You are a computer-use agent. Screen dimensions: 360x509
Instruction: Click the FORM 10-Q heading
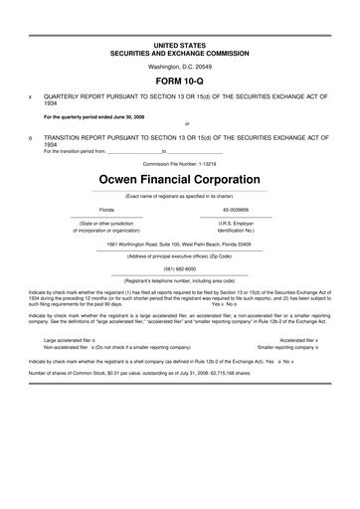[180, 78]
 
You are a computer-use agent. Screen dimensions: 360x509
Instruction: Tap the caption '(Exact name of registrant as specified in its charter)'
[180, 195]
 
